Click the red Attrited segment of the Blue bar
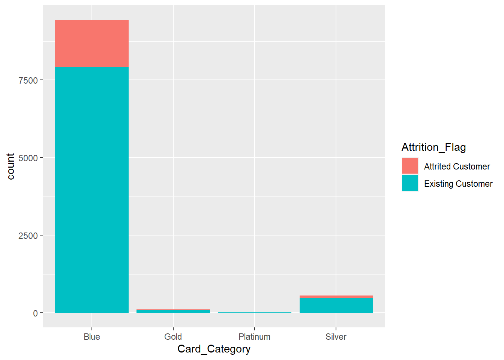[x=92, y=43]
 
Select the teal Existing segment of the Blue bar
[x=92, y=190]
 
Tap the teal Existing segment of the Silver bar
[x=336, y=306]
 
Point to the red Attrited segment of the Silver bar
[x=336, y=297]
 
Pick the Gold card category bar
[x=173, y=311]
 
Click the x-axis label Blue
[x=92, y=337]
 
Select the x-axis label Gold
[x=173, y=337]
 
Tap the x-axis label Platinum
[x=254, y=337]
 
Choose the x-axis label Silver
[x=336, y=337]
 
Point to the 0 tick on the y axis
[x=35, y=313]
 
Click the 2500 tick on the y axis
[x=28, y=235]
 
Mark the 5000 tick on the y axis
[x=28, y=158]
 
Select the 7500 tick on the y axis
[x=28, y=80]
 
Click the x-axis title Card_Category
[x=214, y=349]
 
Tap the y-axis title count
[x=10, y=166]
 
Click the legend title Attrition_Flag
[x=433, y=147]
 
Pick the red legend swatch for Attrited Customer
[x=410, y=166]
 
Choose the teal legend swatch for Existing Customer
[x=410, y=183]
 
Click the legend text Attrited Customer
[x=457, y=166]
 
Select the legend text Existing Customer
[x=458, y=184]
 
